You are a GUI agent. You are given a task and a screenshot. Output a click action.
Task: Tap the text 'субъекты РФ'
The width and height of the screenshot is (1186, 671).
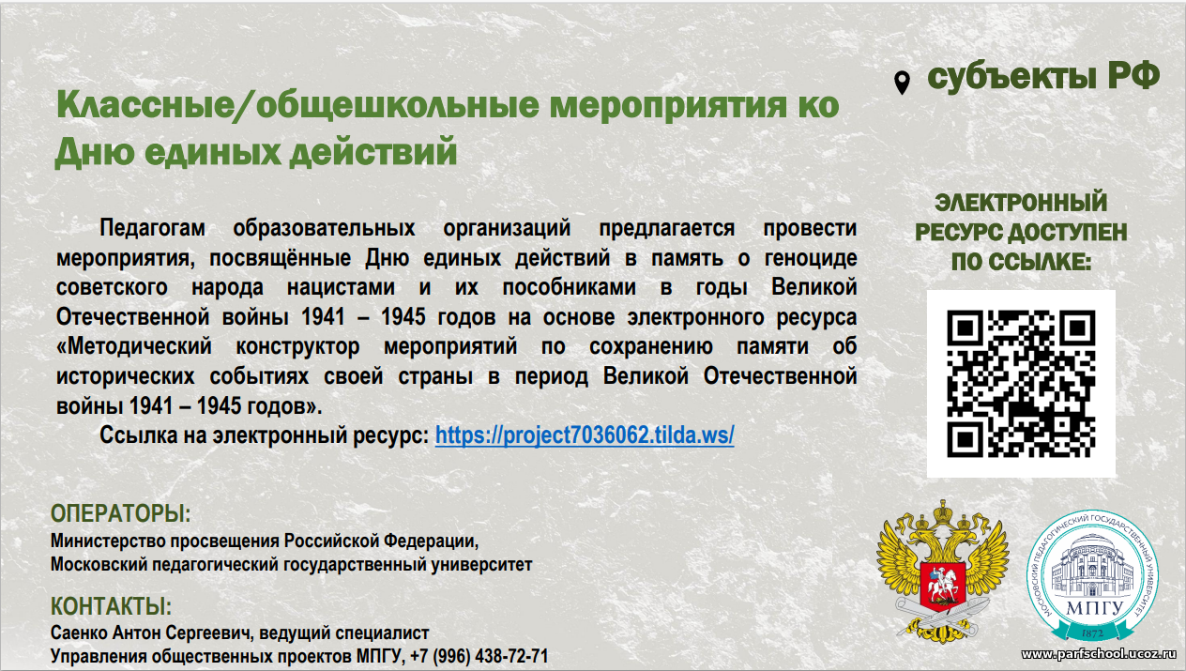click(x=1043, y=77)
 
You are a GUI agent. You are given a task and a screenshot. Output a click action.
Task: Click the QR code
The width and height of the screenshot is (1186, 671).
click(x=1021, y=384)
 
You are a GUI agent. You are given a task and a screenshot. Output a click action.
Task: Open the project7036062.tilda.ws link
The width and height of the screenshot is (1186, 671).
click(x=585, y=435)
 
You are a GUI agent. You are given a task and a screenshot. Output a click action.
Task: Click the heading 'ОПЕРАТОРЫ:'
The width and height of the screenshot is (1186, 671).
click(x=121, y=513)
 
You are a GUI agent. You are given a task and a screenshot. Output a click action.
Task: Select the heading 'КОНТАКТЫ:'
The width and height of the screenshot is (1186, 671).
click(x=111, y=606)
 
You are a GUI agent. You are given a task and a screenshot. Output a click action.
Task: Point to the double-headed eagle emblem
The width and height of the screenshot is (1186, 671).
click(x=942, y=571)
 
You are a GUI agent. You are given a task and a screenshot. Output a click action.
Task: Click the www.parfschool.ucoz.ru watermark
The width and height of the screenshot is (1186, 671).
click(x=1098, y=655)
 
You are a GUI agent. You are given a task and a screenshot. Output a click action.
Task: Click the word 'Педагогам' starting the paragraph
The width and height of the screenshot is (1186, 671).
click(x=153, y=229)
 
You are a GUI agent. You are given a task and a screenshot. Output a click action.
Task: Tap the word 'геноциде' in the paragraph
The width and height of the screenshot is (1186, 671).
click(x=811, y=258)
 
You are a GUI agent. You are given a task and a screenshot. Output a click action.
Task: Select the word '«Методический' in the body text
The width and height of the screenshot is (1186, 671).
click(x=134, y=346)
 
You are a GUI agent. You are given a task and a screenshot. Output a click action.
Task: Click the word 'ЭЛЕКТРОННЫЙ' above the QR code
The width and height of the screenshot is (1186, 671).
click(x=1021, y=203)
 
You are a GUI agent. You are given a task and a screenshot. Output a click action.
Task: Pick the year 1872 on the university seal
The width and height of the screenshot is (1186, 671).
click(x=1092, y=633)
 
